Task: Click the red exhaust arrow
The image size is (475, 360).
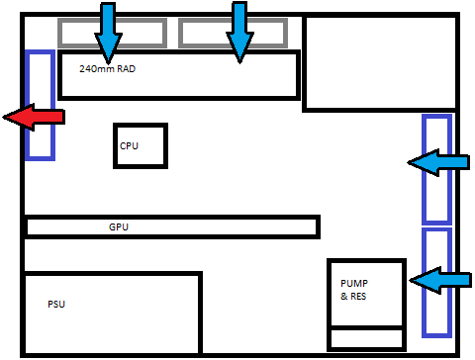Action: point(34,118)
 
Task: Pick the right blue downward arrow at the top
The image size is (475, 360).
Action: point(239,30)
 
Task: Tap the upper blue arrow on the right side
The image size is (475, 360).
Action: point(438,162)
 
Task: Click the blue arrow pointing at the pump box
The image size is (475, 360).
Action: point(438,281)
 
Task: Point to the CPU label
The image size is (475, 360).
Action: point(130,145)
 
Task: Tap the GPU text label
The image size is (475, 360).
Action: point(119,227)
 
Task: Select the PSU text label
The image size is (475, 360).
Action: point(57,304)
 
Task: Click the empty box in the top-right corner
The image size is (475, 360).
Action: point(380,62)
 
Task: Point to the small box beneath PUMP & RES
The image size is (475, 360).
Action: point(366,338)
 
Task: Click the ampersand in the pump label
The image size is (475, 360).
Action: point(342,295)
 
